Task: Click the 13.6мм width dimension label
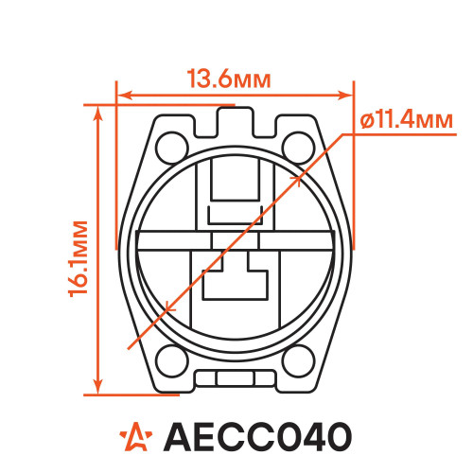point(229,79)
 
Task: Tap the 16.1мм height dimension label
point(79,258)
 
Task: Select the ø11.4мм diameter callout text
point(407,120)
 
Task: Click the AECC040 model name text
point(257,437)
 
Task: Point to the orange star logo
point(136,436)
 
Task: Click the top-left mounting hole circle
point(172,149)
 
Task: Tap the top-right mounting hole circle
point(299,149)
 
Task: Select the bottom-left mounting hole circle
point(172,361)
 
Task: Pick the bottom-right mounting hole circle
point(299,361)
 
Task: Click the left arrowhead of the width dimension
point(126,96)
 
